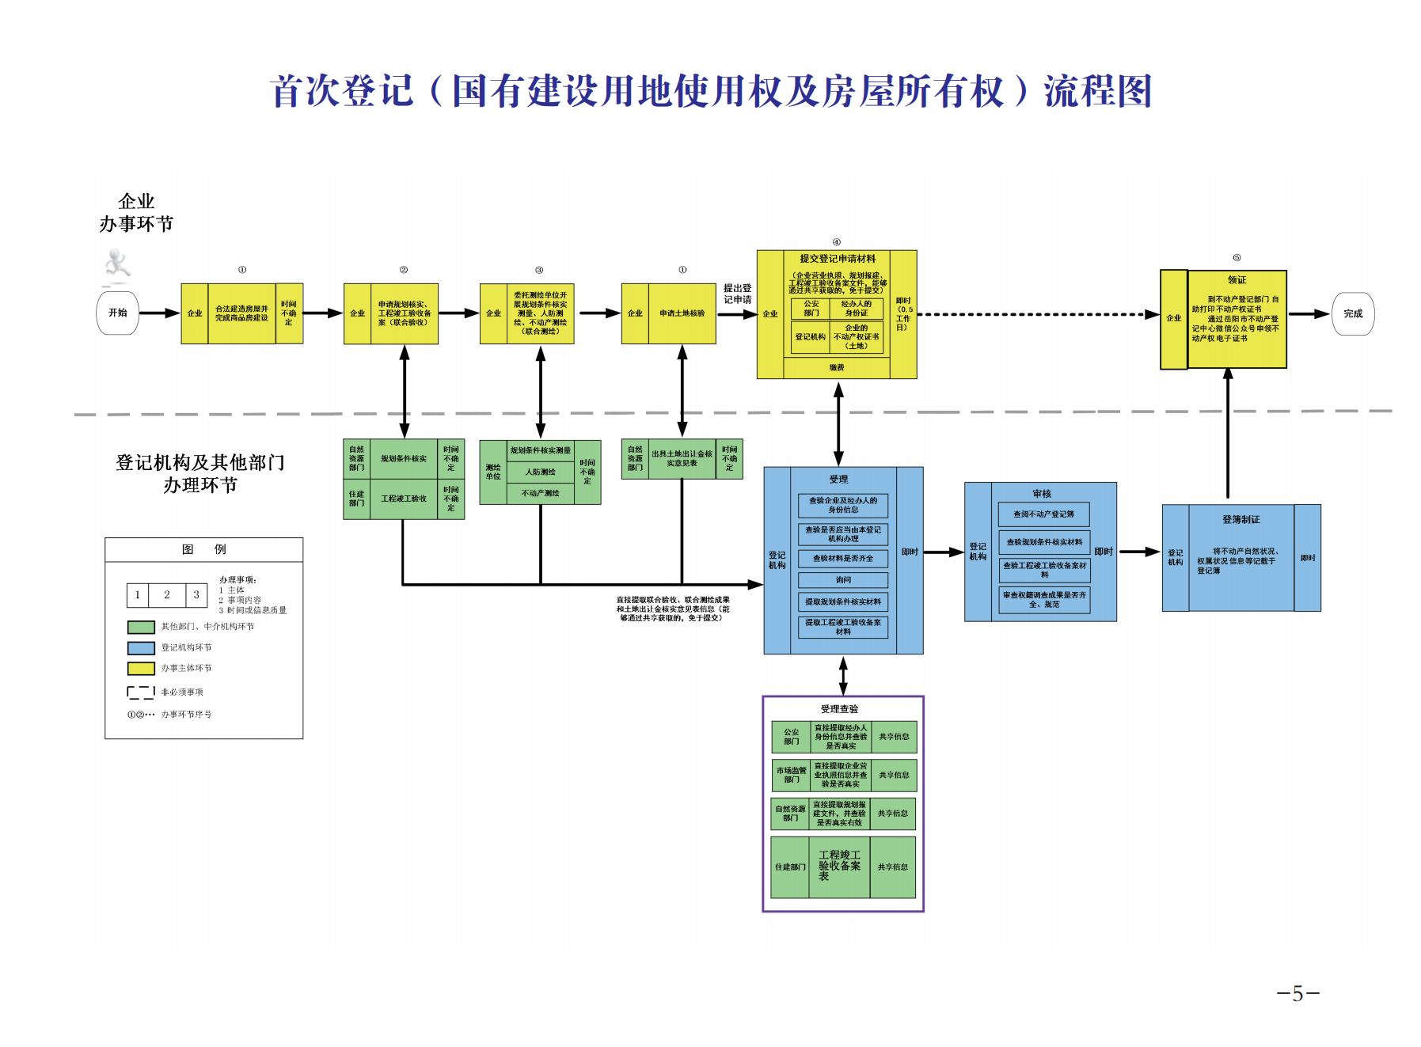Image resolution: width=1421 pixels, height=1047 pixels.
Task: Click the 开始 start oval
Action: coord(118,313)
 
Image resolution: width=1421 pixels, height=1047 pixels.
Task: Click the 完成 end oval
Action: coord(1353,314)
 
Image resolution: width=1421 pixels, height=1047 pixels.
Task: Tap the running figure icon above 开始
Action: coord(117,265)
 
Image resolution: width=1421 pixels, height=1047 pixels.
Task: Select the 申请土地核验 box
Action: coord(682,314)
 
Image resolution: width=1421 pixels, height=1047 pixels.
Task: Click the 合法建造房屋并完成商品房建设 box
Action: coord(241,314)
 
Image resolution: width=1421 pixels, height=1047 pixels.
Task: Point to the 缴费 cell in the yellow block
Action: coord(837,368)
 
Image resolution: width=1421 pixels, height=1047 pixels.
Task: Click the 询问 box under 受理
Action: coord(843,580)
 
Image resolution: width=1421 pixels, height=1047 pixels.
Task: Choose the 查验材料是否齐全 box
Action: coord(843,559)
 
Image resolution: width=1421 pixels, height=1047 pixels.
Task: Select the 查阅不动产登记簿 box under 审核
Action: coord(1043,514)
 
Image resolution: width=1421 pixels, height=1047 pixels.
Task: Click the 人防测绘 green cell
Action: coord(541,472)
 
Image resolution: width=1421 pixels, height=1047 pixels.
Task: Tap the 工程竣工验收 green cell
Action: coord(404,499)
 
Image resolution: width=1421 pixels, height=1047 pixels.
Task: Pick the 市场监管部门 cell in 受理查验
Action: coord(792,776)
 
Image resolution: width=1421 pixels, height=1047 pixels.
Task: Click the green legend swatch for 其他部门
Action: coord(141,627)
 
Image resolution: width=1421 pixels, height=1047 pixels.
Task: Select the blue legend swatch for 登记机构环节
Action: coord(141,648)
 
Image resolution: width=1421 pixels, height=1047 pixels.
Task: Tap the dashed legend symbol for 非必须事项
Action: coord(141,692)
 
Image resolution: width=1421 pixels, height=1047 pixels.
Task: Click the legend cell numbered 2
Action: coord(167,595)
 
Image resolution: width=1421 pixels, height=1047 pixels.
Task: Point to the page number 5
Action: coord(1298,994)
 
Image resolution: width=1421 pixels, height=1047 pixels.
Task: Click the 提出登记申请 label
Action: coord(737,294)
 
